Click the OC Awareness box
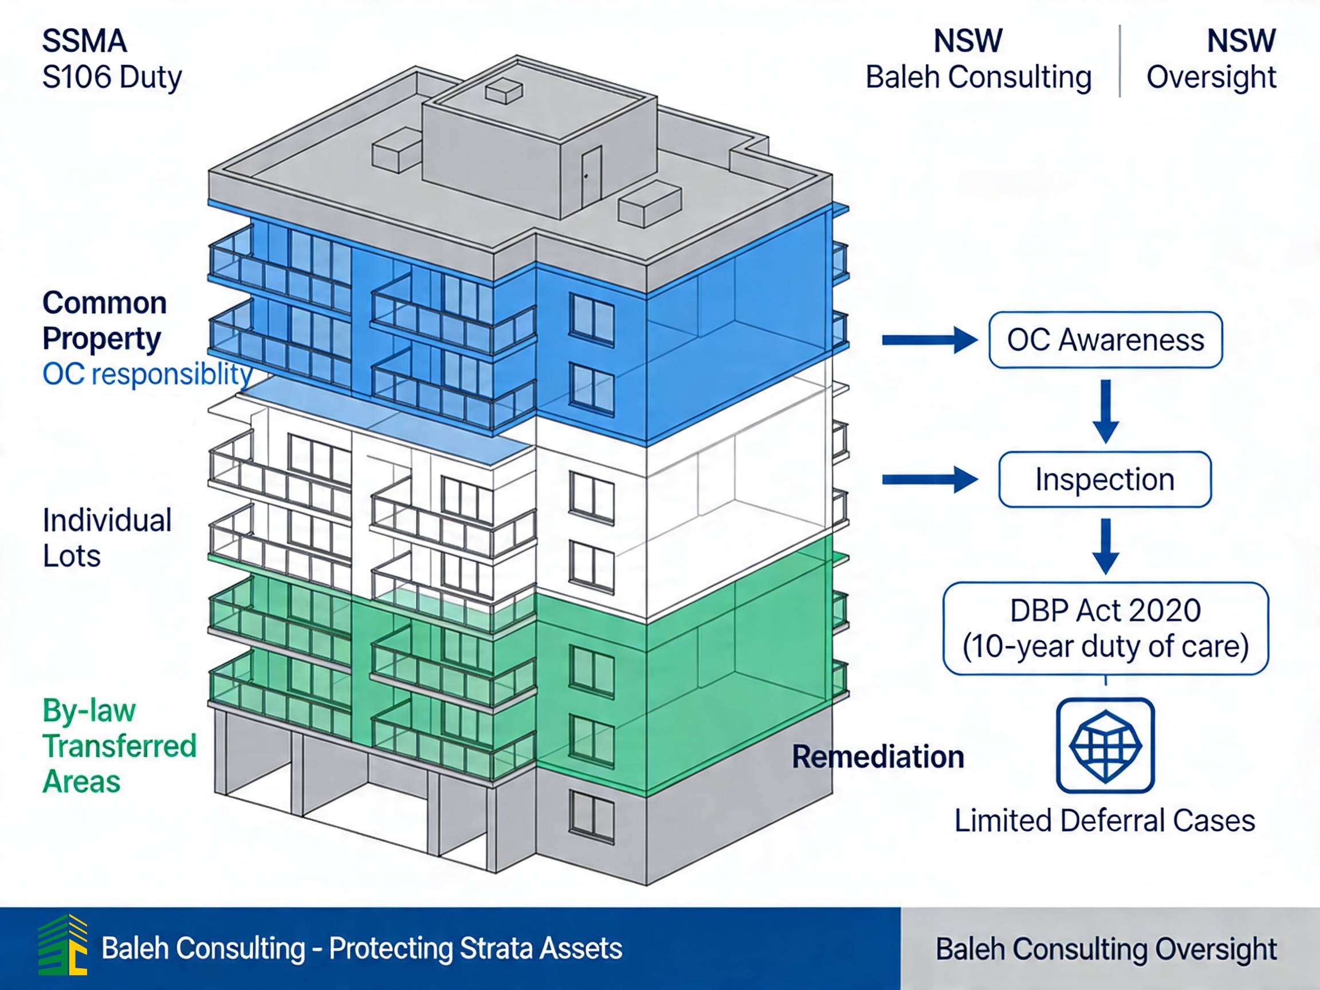(x=1105, y=340)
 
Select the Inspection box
(x=1105, y=479)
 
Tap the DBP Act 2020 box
(x=1105, y=628)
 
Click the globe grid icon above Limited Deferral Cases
(x=1105, y=745)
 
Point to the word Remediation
(x=878, y=757)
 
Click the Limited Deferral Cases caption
(x=1105, y=820)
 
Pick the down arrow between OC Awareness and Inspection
(x=1105, y=411)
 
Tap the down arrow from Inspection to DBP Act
(x=1105, y=545)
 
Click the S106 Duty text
(x=112, y=77)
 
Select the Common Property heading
(x=104, y=320)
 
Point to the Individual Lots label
(x=107, y=537)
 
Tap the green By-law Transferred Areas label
(x=119, y=746)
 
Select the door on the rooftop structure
(x=590, y=176)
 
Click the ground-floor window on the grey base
(x=591, y=815)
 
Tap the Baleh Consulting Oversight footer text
(x=1106, y=949)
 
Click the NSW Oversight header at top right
(x=1211, y=60)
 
